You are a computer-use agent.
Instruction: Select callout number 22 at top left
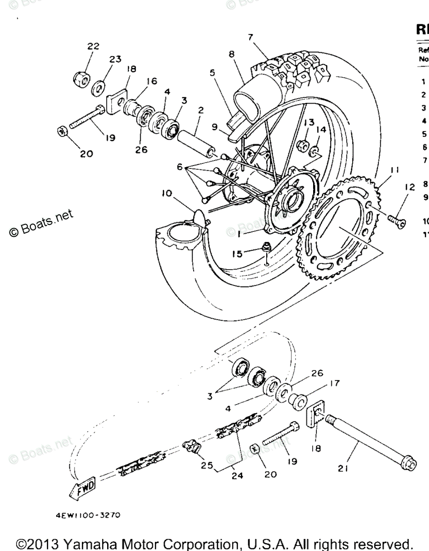(x=93, y=46)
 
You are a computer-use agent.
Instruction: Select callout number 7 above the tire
(x=250, y=37)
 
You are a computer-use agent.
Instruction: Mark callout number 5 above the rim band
(x=212, y=72)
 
